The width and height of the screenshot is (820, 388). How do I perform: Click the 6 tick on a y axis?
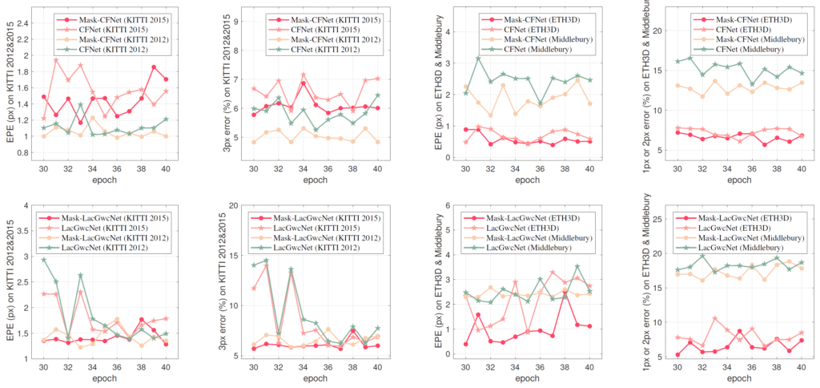click(444, 206)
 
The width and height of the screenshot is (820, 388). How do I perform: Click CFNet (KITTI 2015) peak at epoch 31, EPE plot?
click(55, 60)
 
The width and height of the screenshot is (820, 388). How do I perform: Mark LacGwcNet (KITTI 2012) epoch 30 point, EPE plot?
click(43, 260)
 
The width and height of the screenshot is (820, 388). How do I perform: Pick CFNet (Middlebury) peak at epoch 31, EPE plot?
click(478, 59)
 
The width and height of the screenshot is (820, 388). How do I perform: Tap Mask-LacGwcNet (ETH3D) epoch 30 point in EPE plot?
click(466, 344)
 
